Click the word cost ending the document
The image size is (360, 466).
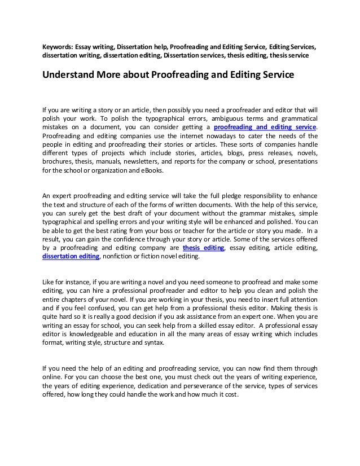[232, 395]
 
